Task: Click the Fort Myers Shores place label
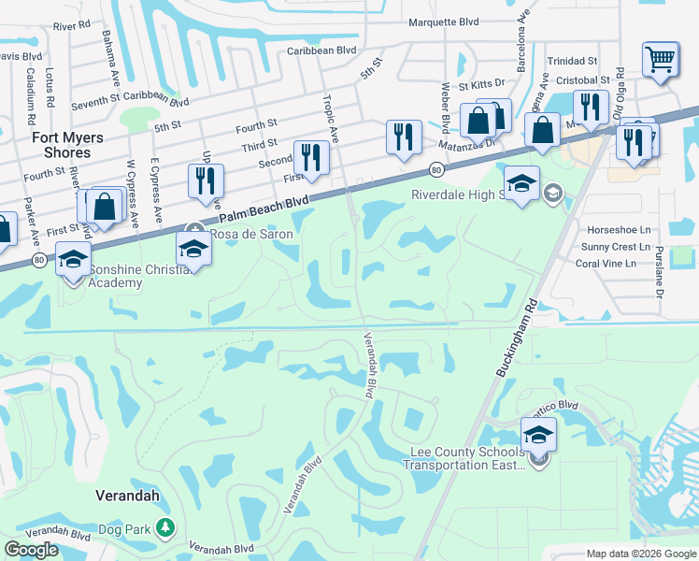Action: point(62,144)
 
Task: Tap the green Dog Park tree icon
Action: point(165,529)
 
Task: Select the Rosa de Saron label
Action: point(250,234)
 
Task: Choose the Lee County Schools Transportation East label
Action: point(468,459)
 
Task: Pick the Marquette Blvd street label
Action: point(444,23)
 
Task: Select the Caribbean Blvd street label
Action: point(322,50)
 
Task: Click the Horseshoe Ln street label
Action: point(618,229)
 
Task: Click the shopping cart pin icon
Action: point(660,59)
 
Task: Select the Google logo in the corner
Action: point(31,550)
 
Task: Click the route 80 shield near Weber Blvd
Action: point(436,169)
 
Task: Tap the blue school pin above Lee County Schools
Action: point(538,434)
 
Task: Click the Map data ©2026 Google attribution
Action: point(641,554)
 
